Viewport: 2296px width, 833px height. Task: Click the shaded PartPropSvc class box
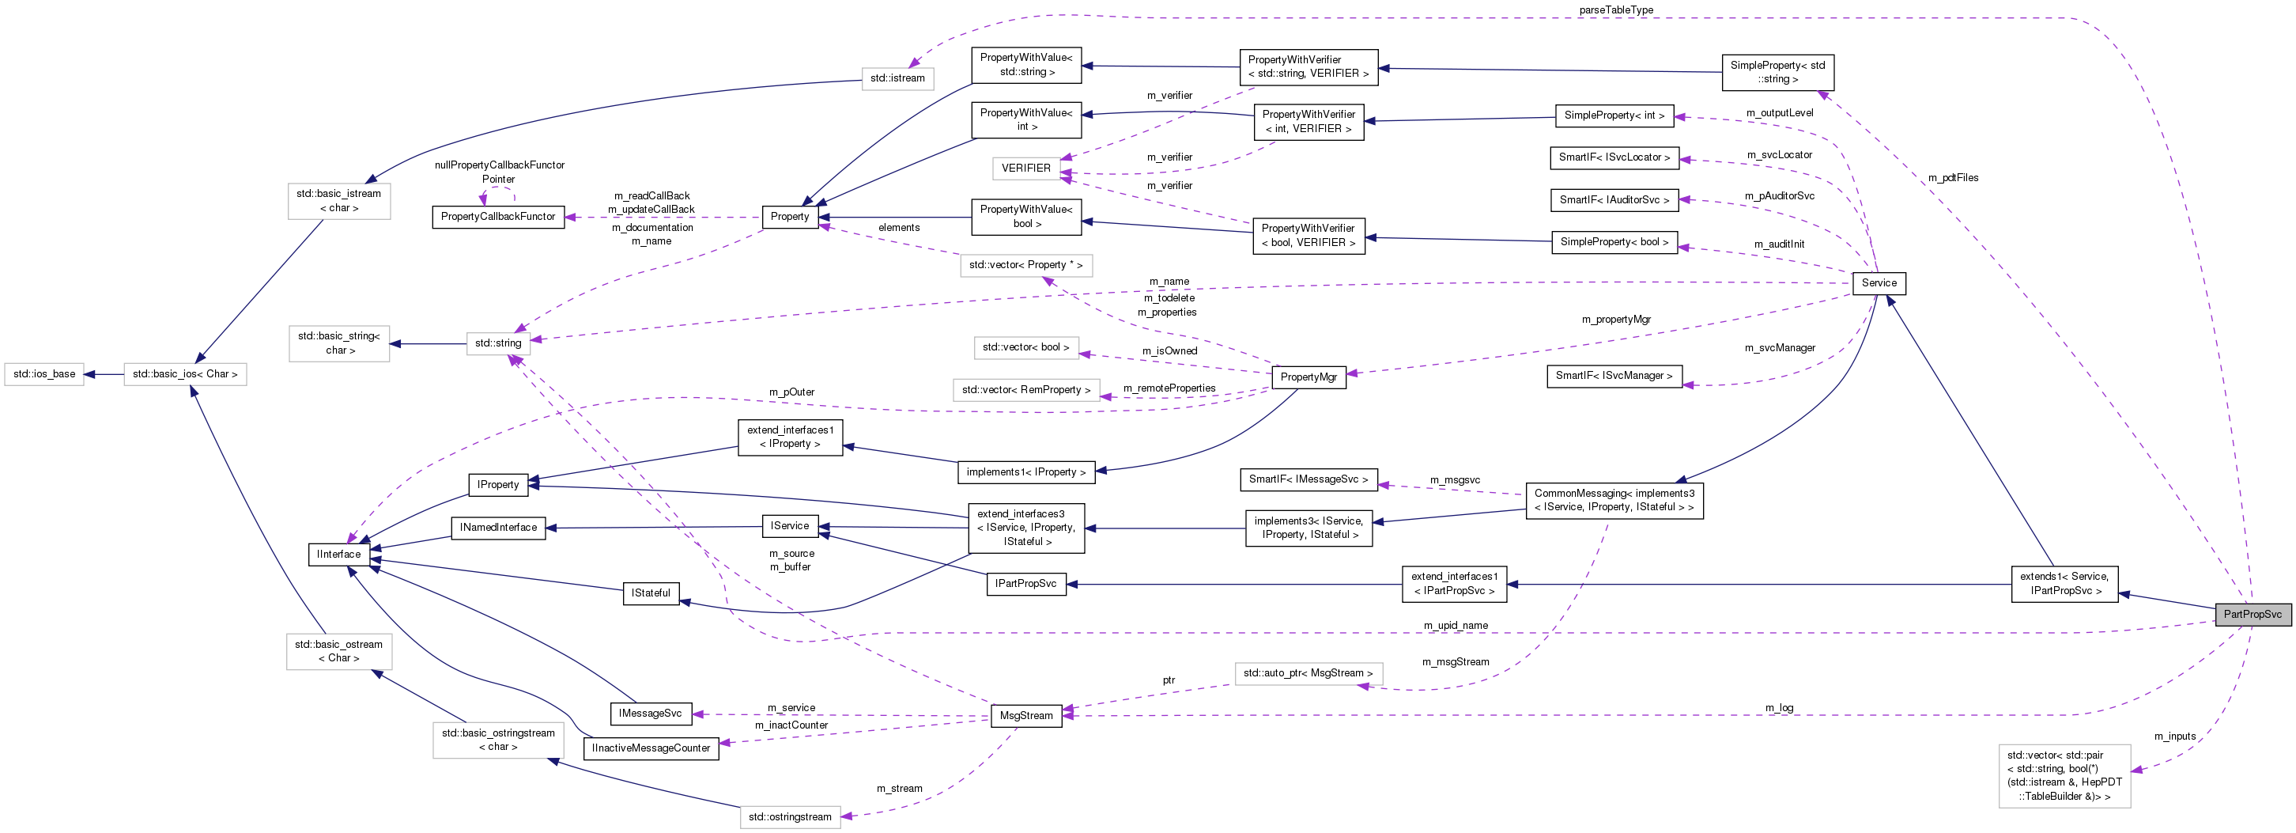(2252, 614)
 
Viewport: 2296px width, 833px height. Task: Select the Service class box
(1878, 282)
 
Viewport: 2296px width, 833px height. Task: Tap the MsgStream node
(1026, 715)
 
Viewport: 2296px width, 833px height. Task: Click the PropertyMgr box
(1308, 377)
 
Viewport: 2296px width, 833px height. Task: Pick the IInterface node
(338, 554)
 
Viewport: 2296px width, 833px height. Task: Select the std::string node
(497, 343)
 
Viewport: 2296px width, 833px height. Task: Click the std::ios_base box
(44, 373)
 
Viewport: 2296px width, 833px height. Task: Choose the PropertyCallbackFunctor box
(497, 217)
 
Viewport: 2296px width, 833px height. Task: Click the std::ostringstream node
(789, 816)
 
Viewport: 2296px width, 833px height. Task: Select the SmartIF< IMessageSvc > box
(1308, 479)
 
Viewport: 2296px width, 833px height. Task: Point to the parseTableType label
(1615, 9)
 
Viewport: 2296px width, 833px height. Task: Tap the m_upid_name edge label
(1455, 625)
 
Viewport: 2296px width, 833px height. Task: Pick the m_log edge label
(1778, 707)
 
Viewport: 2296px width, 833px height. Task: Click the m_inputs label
(2174, 736)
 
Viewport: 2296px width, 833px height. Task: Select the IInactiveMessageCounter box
(651, 748)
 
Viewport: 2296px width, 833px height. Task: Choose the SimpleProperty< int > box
(1613, 115)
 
